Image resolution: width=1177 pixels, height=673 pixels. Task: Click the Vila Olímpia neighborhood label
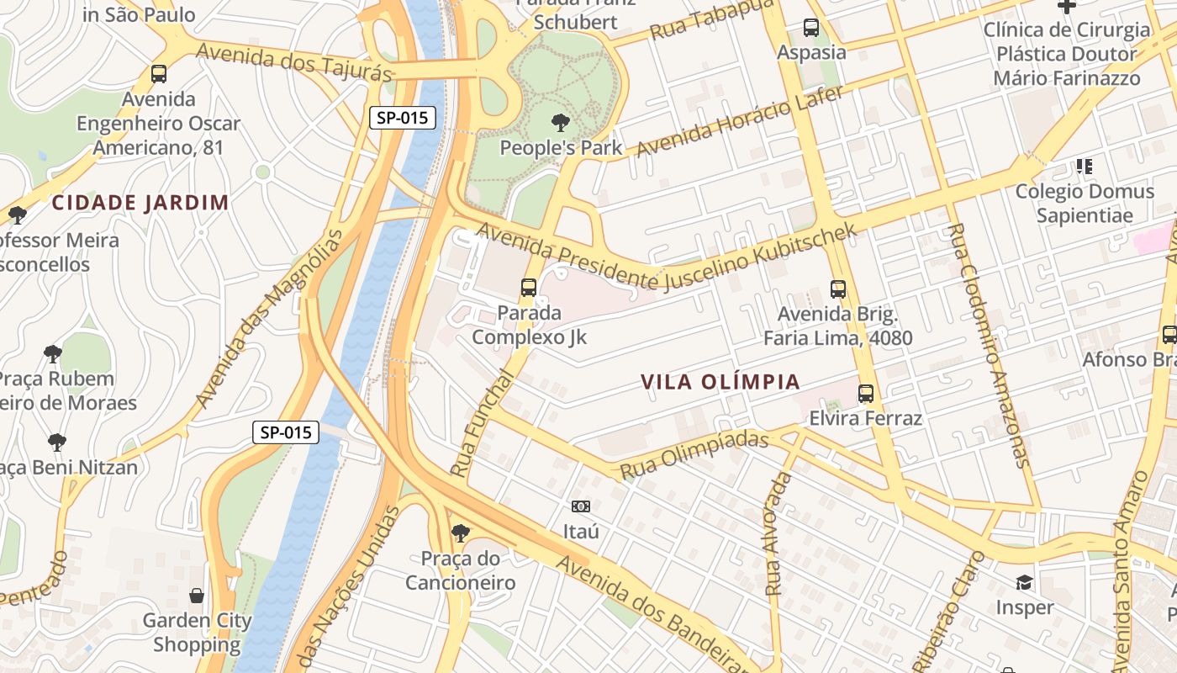pyautogui.click(x=720, y=382)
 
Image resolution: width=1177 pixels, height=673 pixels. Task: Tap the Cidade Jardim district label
pyautogui.click(x=140, y=203)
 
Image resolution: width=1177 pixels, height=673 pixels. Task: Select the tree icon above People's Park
pyautogui.click(x=561, y=124)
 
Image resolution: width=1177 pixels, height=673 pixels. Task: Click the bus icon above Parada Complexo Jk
pyautogui.click(x=528, y=288)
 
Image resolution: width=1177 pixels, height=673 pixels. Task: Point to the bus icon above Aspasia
pyautogui.click(x=811, y=28)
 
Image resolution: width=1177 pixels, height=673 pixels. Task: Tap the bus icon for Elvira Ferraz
pyautogui.click(x=866, y=393)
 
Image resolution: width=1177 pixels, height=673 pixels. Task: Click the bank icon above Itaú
pyautogui.click(x=581, y=506)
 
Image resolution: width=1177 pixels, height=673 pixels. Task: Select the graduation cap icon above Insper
pyautogui.click(x=1024, y=582)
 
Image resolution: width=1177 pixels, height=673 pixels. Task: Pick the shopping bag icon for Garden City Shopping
pyautogui.click(x=197, y=596)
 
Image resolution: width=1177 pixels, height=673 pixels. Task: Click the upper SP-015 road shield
pyautogui.click(x=403, y=118)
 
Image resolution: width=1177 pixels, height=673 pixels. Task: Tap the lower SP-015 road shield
pyautogui.click(x=286, y=432)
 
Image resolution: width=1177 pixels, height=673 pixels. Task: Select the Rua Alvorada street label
pyautogui.click(x=779, y=534)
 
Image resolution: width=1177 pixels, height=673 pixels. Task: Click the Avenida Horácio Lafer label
pyautogui.click(x=739, y=121)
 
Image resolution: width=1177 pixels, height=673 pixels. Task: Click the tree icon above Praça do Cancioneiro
pyautogui.click(x=460, y=533)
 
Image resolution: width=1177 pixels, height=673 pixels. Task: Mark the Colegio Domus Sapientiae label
pyautogui.click(x=1085, y=203)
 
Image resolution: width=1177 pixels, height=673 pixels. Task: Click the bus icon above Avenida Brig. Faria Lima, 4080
pyautogui.click(x=837, y=289)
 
